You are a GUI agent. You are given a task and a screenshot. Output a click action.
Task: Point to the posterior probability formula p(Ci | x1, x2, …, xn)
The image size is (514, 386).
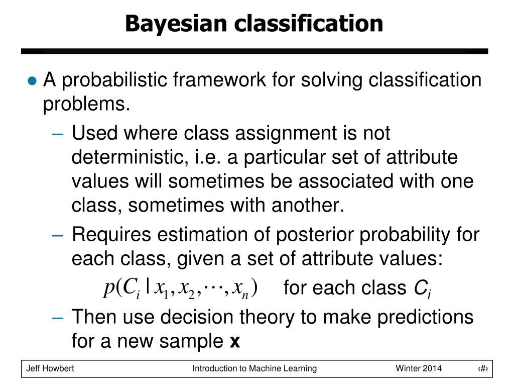[x=181, y=288]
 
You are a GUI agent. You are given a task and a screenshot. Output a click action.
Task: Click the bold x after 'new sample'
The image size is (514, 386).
[x=234, y=342]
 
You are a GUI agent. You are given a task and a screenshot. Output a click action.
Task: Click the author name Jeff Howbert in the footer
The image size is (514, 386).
[x=50, y=368]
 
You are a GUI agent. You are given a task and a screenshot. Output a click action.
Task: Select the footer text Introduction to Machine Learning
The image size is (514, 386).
[x=254, y=368]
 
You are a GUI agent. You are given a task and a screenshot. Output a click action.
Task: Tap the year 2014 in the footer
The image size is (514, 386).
[x=432, y=368]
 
